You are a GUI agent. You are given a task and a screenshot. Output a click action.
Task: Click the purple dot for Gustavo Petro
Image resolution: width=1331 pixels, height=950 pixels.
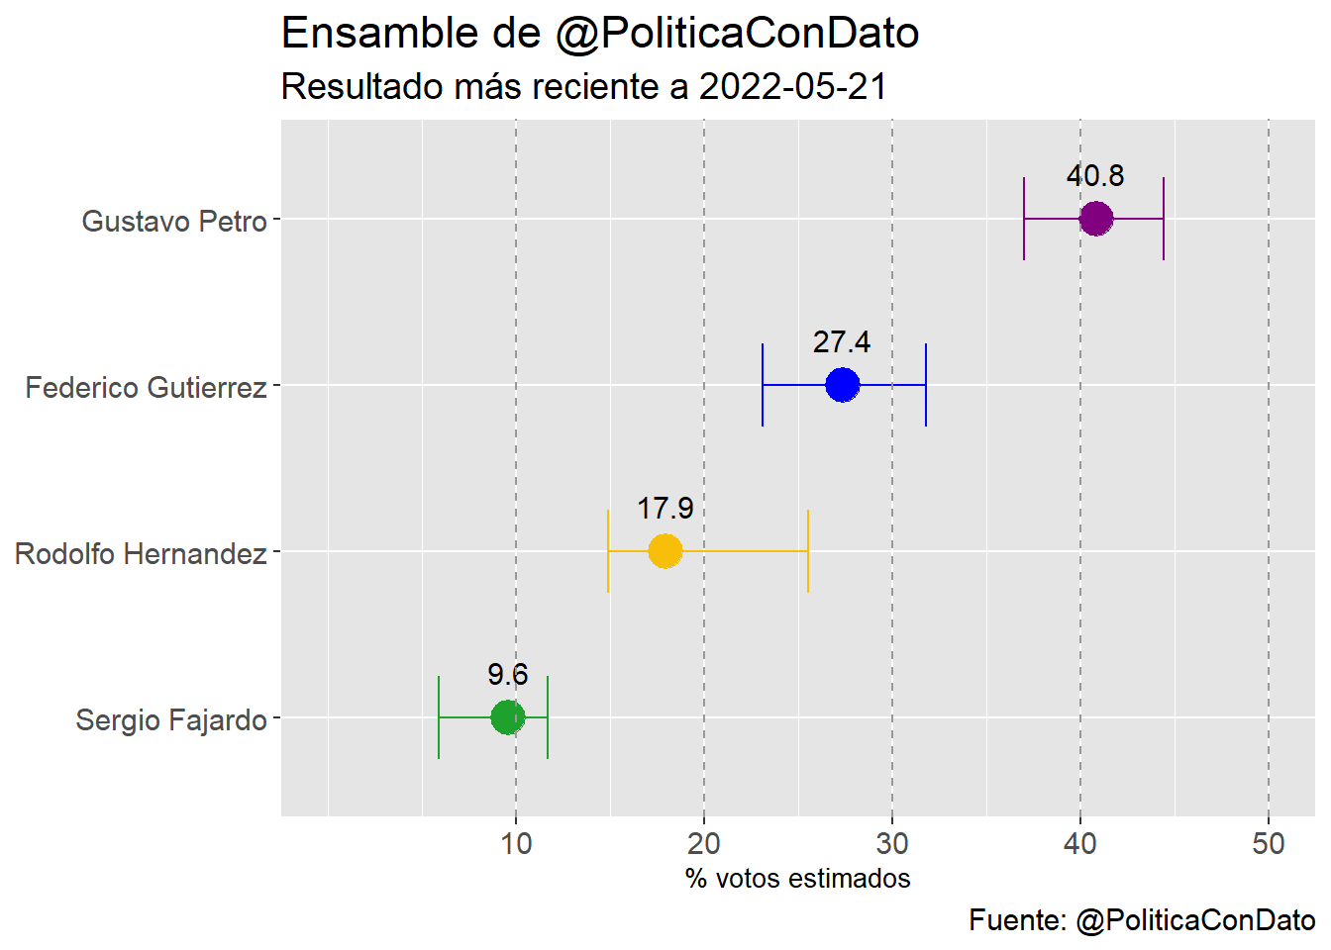tap(1095, 219)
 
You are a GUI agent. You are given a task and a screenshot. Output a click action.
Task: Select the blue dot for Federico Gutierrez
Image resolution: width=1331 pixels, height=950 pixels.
tap(842, 385)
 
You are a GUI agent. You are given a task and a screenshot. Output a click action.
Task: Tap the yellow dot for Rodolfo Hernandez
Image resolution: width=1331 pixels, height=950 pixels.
tap(665, 551)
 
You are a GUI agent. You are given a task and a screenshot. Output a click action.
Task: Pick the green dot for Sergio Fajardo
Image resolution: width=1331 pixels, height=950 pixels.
tap(507, 717)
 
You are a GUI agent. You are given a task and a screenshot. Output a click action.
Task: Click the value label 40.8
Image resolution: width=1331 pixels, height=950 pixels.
tap(1095, 176)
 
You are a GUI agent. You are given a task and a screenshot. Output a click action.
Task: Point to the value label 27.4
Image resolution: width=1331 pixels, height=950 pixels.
tap(842, 342)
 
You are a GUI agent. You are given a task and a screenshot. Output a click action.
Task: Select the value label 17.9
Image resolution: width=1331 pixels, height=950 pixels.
tap(665, 509)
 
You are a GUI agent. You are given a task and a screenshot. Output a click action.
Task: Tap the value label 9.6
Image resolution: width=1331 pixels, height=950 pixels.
tap(507, 675)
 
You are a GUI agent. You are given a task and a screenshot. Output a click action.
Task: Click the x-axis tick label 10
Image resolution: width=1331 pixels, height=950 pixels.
tap(516, 844)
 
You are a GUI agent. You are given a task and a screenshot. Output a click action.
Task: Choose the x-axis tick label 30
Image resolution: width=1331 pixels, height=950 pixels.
tap(892, 844)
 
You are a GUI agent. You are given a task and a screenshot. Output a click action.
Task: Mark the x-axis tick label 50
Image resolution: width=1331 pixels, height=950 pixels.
tap(1269, 844)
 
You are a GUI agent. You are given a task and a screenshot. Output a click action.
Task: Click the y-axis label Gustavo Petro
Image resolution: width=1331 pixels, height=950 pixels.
tap(174, 221)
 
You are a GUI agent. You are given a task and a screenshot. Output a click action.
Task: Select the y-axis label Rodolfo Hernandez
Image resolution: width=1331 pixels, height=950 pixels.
tap(141, 553)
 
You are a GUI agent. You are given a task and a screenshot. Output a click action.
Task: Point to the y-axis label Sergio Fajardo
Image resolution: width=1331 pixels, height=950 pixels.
tap(171, 719)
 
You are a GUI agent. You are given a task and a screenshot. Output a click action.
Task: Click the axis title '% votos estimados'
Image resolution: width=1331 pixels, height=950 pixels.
tap(797, 879)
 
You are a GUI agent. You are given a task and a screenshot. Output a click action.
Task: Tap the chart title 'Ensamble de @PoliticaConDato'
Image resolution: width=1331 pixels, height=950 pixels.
tap(600, 34)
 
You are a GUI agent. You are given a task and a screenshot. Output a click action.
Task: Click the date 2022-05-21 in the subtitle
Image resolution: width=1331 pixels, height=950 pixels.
tap(792, 87)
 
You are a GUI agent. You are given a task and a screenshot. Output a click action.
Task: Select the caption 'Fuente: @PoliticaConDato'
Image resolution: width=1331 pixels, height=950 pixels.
tap(1142, 920)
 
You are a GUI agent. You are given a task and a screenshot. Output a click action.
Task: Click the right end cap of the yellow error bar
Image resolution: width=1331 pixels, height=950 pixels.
tap(808, 551)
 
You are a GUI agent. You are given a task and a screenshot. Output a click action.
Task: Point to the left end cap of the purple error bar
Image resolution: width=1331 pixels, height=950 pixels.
tap(1024, 219)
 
